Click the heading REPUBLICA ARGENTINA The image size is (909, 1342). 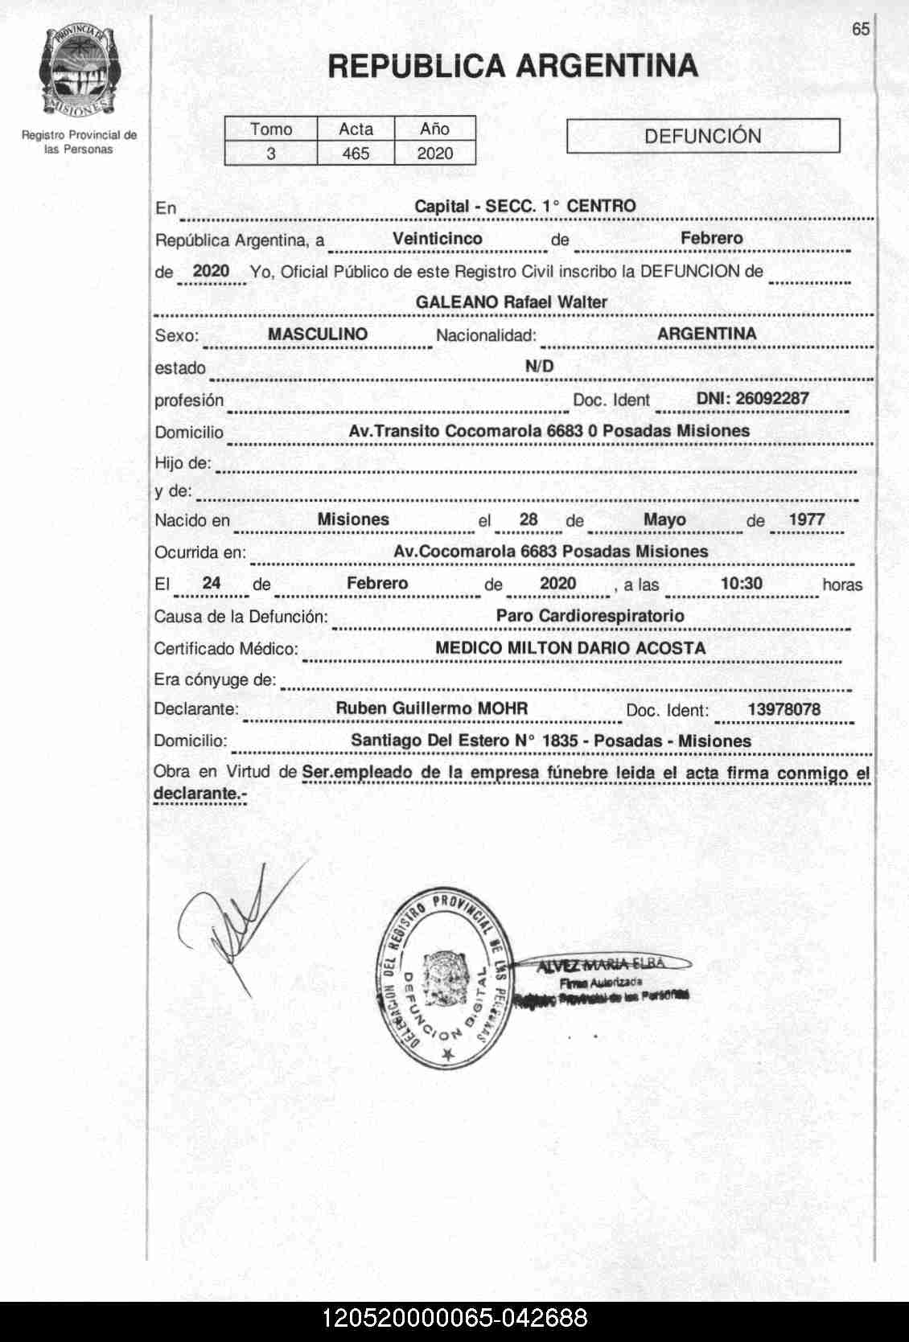(513, 65)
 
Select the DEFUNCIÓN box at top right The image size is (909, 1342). (703, 136)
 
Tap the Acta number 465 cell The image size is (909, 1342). (356, 154)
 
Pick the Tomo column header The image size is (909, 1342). (271, 129)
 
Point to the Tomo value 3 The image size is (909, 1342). (271, 154)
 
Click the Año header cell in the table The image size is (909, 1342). (434, 129)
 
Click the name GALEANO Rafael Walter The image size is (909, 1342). (512, 302)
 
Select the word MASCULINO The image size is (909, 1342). (318, 334)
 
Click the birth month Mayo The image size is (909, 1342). (664, 519)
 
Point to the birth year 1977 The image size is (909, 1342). (807, 519)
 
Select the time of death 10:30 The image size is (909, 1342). (741, 584)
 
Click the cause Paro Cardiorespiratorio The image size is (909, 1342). (590, 616)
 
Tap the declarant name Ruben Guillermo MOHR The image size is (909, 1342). (432, 708)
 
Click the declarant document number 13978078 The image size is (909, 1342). (784, 709)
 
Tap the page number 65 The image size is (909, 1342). (861, 29)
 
